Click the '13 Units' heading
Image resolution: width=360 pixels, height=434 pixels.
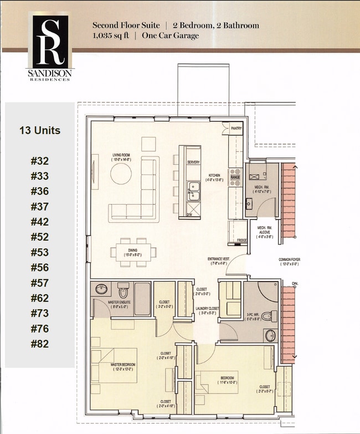[x=40, y=131]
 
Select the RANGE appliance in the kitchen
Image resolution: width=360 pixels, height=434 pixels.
[x=235, y=177]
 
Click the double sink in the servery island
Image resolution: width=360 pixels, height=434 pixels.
[x=194, y=191]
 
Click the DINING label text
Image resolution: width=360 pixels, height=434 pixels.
[x=133, y=251]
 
